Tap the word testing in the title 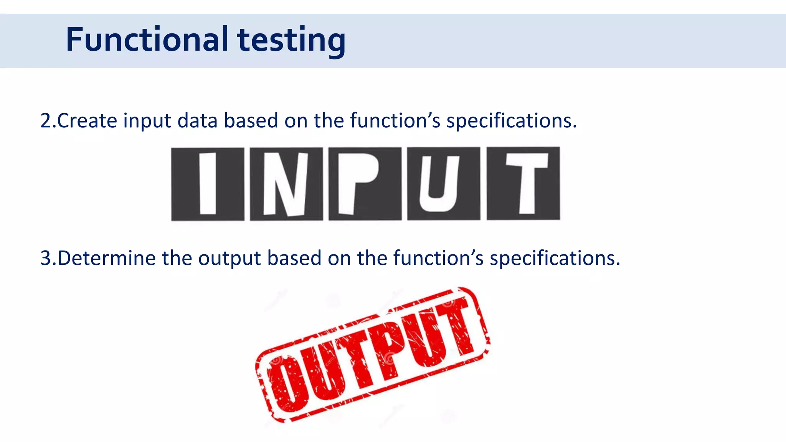[x=291, y=41]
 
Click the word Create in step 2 [x=87, y=121]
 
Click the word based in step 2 [x=251, y=121]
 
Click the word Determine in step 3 [x=107, y=258]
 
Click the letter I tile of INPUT [x=208, y=184]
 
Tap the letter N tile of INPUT [x=286, y=184]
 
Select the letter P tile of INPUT [x=365, y=184]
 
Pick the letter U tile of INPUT [x=443, y=184]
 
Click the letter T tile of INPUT [x=523, y=184]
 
